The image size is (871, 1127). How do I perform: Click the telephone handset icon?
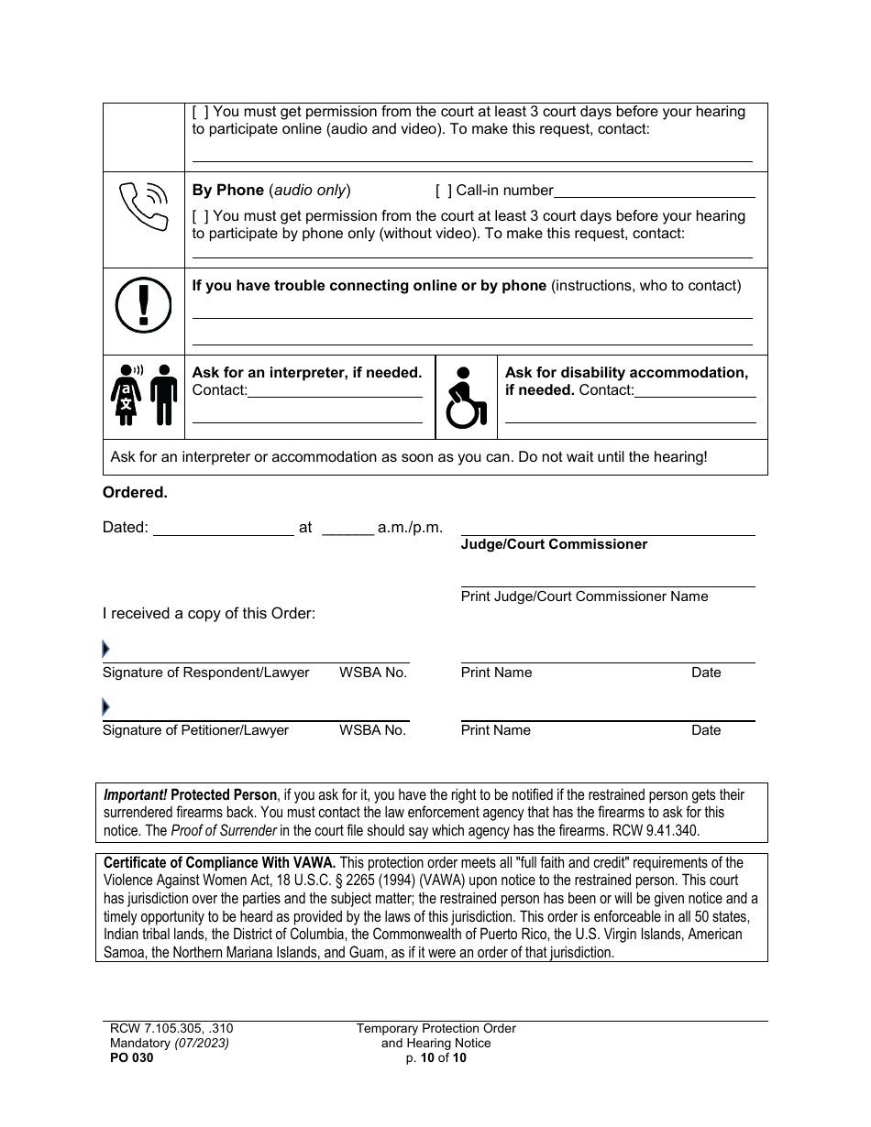point(144,207)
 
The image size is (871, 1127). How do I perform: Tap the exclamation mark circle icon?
point(144,303)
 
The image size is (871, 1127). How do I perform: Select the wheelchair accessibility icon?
point(466,399)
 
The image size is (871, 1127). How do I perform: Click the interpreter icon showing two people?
point(144,396)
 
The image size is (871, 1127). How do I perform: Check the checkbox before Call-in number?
point(443,191)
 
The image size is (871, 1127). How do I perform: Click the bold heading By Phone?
point(227,191)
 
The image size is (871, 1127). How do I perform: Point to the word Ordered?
point(135,493)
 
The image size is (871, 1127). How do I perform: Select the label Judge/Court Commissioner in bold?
point(554,544)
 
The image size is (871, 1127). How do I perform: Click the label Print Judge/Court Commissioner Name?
point(584,596)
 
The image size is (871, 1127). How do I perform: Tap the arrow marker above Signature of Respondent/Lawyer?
point(106,650)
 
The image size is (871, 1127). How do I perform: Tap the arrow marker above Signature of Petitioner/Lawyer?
point(106,707)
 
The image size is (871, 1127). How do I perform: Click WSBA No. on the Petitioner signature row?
point(372,730)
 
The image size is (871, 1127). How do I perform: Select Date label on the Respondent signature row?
point(706,673)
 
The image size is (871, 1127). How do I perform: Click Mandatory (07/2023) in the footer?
point(168,1043)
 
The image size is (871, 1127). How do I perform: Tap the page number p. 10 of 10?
point(436,1057)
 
